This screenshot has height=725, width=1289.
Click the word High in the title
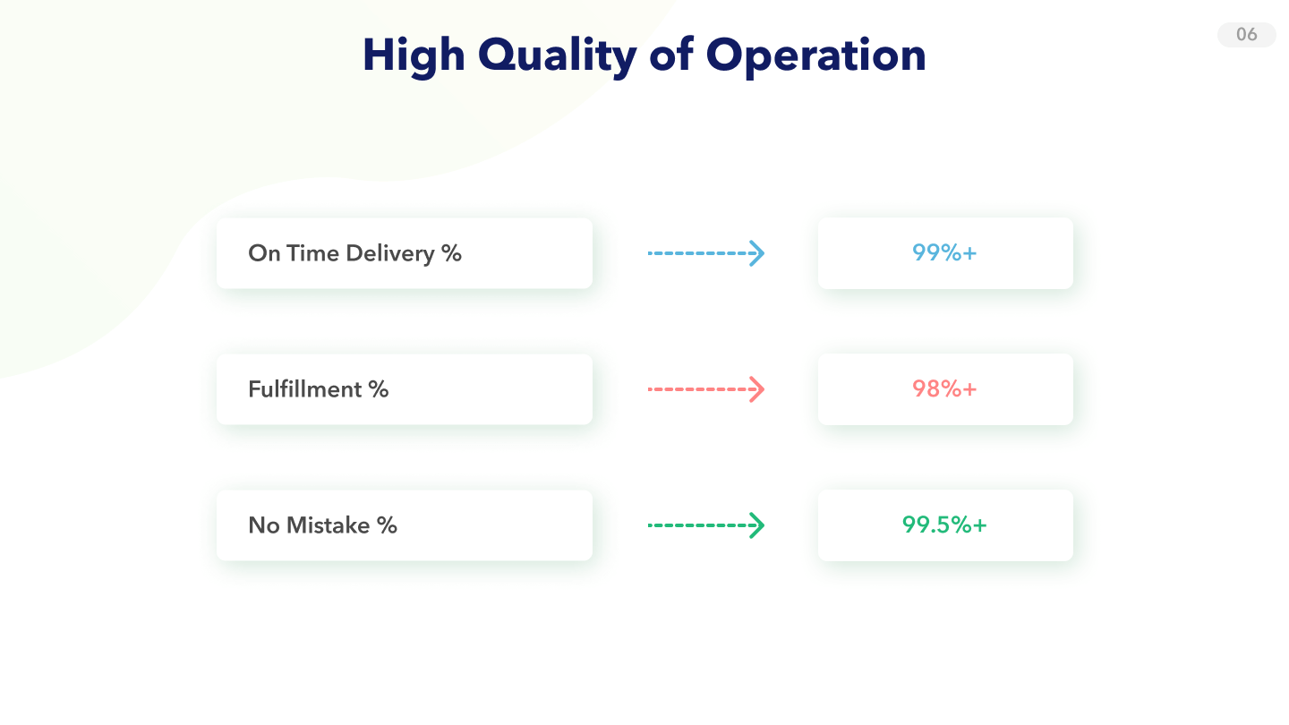click(414, 55)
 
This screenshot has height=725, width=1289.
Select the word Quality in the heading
click(557, 56)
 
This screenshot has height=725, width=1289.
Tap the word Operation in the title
click(815, 56)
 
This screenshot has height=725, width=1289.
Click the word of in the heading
click(671, 55)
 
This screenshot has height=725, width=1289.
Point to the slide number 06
click(1246, 35)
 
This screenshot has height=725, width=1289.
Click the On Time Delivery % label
click(354, 253)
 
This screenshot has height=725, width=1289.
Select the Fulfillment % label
click(319, 389)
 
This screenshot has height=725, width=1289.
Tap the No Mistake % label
click(322, 525)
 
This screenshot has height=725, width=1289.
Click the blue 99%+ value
click(944, 252)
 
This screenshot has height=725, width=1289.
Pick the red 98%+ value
click(944, 389)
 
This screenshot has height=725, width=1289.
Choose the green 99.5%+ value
click(944, 525)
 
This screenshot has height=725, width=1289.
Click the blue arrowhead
click(757, 253)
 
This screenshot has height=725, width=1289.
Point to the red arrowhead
click(757, 389)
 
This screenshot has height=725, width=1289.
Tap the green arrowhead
click(757, 525)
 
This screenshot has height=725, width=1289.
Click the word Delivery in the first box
click(390, 254)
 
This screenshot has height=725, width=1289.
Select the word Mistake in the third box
click(328, 525)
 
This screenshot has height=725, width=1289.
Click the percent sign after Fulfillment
click(379, 389)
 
